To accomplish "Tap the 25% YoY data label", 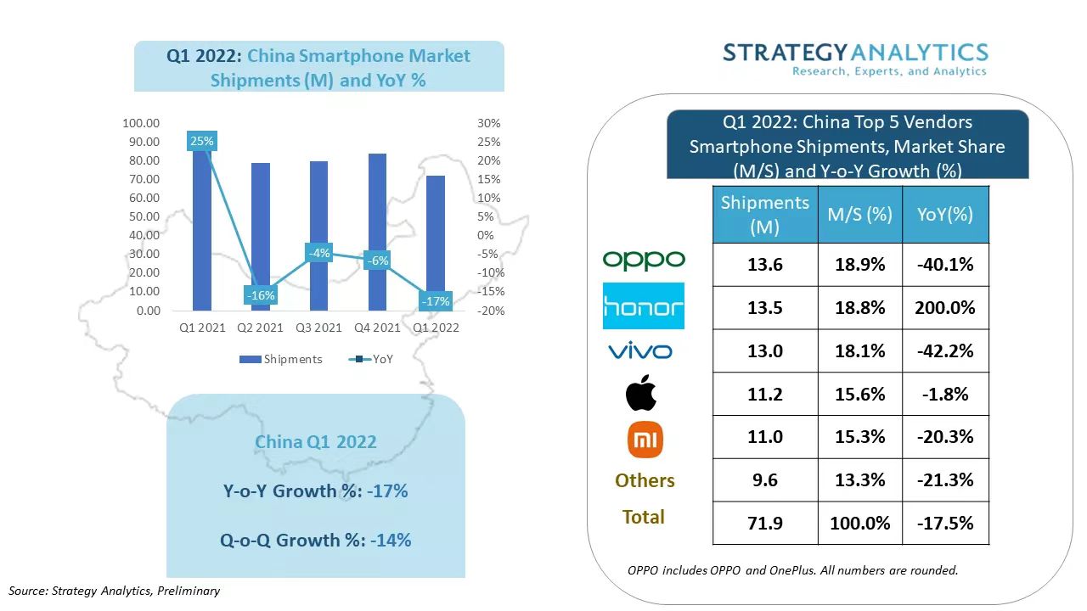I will click(x=202, y=142).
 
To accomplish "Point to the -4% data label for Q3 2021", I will click(x=319, y=253).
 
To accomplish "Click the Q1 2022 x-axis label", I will click(x=435, y=328).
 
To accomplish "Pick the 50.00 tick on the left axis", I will click(x=142, y=216).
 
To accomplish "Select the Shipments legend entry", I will click(x=283, y=359).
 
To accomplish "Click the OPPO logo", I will click(x=644, y=260).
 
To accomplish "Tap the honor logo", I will click(x=644, y=306).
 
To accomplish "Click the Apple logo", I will click(x=642, y=394).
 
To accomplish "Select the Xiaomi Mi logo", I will click(x=645, y=440).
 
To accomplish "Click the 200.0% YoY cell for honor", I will click(x=945, y=308).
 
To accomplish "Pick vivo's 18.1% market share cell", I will click(x=859, y=351).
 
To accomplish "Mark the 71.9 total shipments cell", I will click(x=765, y=523).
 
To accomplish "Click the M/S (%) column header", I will click(x=859, y=215).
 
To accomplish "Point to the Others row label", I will click(x=645, y=480).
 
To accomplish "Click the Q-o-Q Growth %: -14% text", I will click(x=317, y=540).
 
